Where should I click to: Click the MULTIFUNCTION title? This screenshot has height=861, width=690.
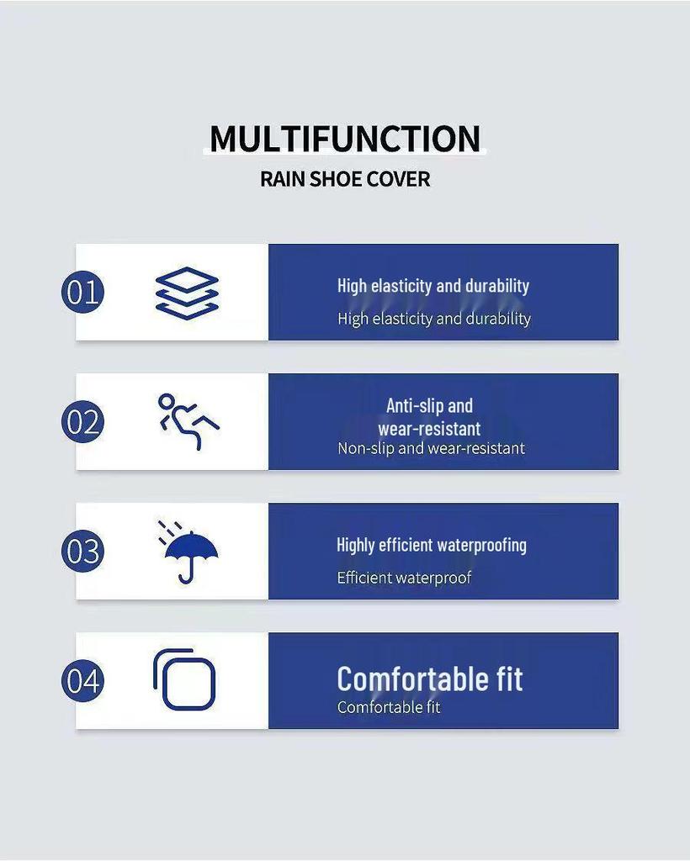coord(345,139)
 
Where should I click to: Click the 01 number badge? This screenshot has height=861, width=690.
coord(82,292)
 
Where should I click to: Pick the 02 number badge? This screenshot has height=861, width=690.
coord(82,422)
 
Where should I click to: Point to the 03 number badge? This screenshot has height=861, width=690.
coord(82,552)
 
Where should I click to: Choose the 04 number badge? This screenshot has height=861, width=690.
coord(82,681)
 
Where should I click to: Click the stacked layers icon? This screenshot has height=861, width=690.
coord(187,293)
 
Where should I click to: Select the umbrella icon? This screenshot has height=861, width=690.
coord(189,552)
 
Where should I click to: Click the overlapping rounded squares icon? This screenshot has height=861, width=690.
coord(184,679)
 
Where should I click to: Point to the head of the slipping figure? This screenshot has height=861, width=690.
coord(166,401)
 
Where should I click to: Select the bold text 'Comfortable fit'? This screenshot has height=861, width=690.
coord(430,679)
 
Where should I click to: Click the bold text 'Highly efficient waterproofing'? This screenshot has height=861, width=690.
coord(432,545)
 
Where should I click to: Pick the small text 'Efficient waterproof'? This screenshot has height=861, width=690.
coord(405,578)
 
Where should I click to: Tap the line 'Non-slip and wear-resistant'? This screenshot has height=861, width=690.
coord(431,448)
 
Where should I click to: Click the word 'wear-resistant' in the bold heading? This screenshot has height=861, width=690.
coord(430,429)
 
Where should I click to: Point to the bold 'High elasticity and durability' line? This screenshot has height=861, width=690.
coord(433,286)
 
